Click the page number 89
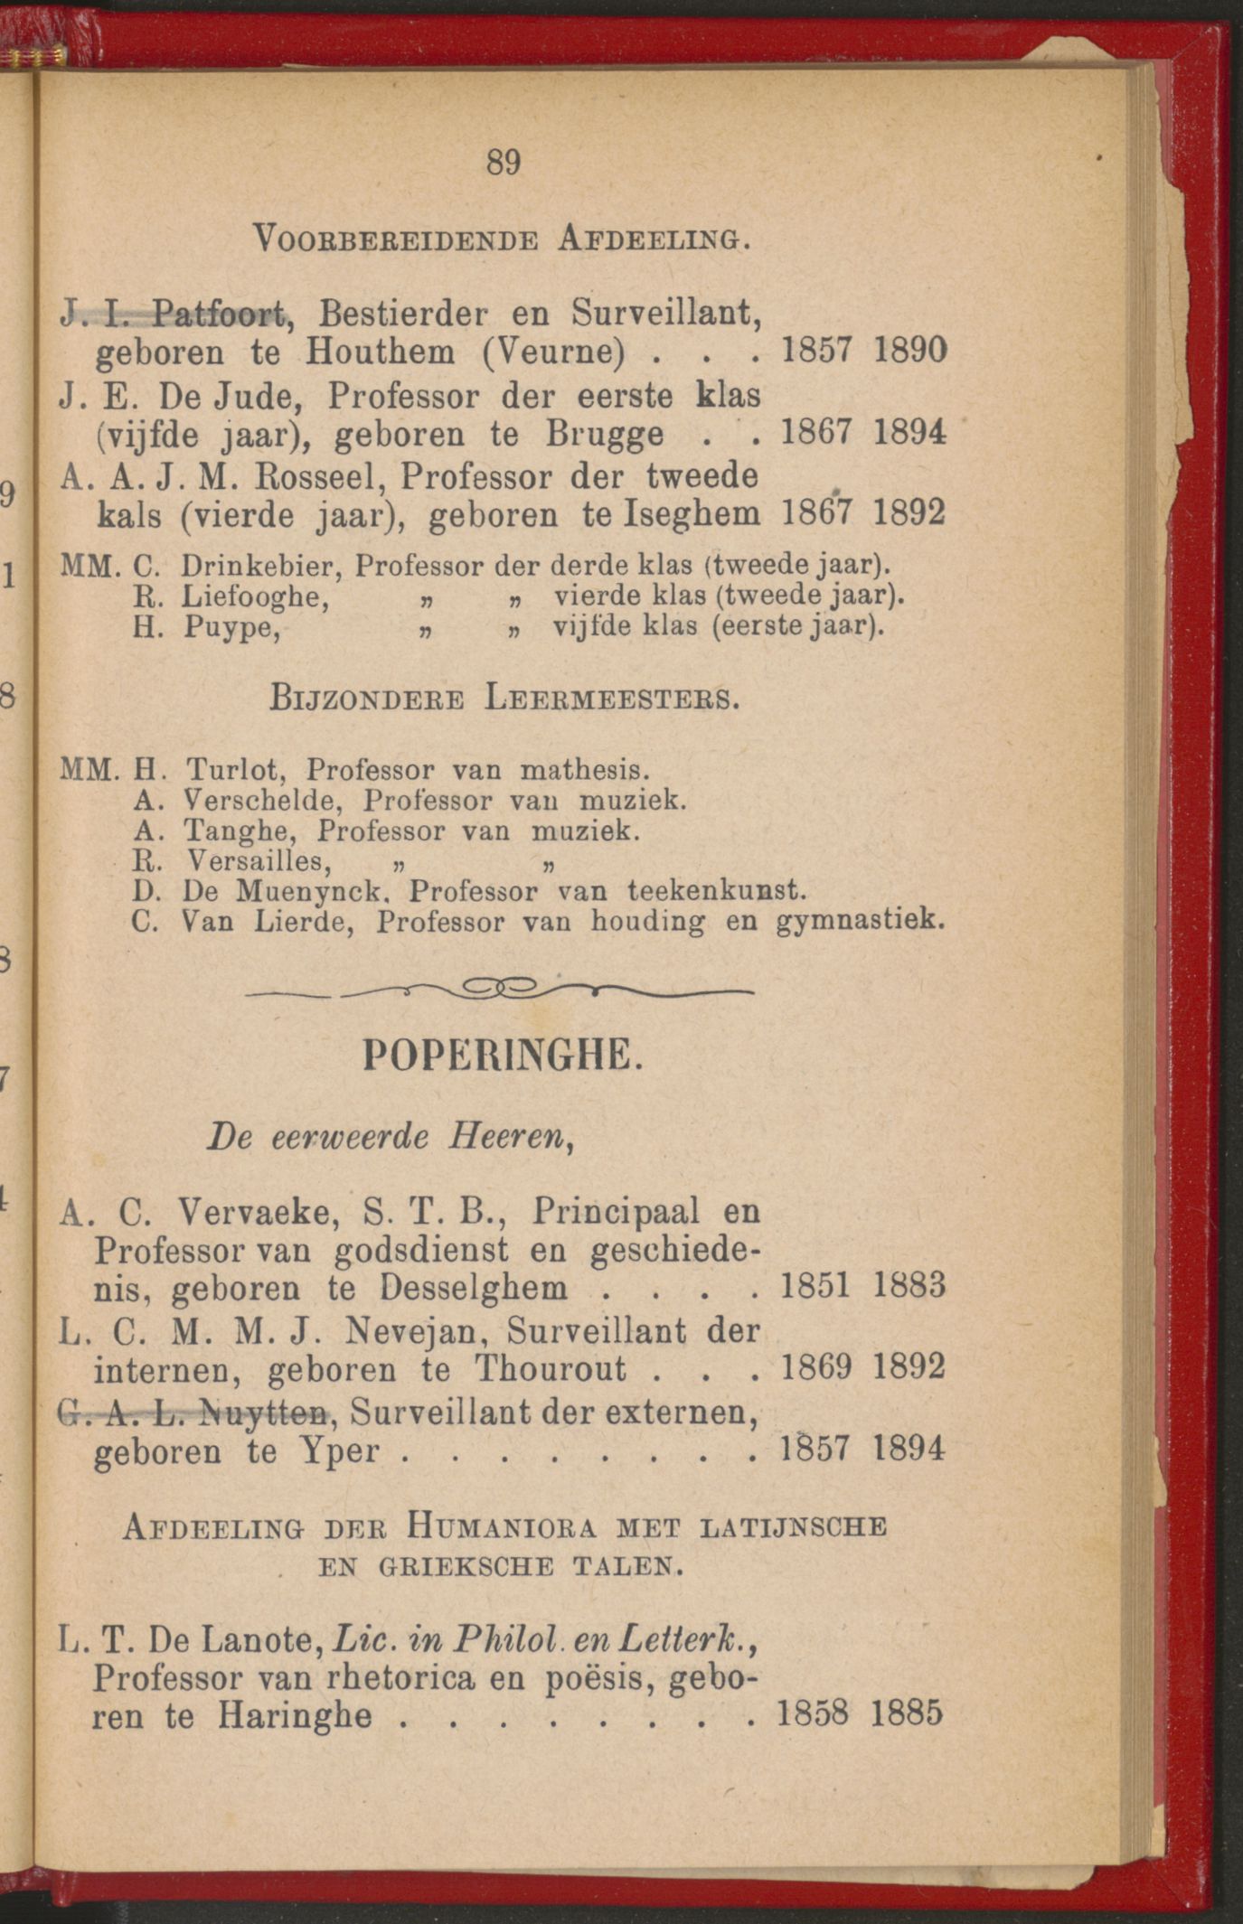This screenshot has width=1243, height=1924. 504,163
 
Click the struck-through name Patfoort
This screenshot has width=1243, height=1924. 218,314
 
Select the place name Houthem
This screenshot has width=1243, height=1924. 381,352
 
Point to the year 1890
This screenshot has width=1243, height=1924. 909,350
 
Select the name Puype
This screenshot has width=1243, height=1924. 231,626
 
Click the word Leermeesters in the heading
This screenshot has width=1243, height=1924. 610,699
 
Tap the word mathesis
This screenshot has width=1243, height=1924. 584,770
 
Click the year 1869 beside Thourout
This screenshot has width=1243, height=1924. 815,1366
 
